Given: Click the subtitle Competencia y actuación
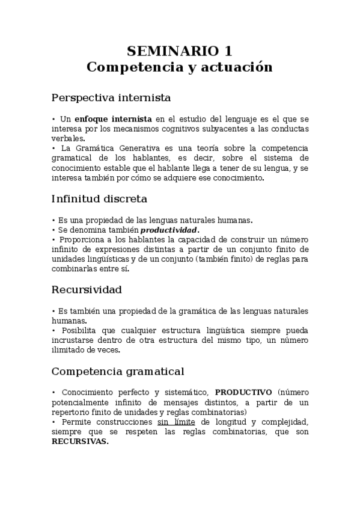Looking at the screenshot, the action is point(180,67).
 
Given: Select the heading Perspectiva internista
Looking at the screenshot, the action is point(111,97).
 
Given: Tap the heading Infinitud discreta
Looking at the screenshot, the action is point(99,198).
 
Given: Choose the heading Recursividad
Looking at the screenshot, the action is point(87,289).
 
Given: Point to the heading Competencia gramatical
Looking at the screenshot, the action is point(118,370).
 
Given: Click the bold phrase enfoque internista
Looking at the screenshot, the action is point(111,119).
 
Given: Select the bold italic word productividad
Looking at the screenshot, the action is point(168,230).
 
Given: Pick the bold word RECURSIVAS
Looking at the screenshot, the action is point(80,441).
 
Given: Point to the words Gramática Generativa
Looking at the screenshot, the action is point(120,148).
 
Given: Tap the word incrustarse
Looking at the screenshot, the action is point(76,340).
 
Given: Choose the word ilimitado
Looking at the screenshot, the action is point(69,350).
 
